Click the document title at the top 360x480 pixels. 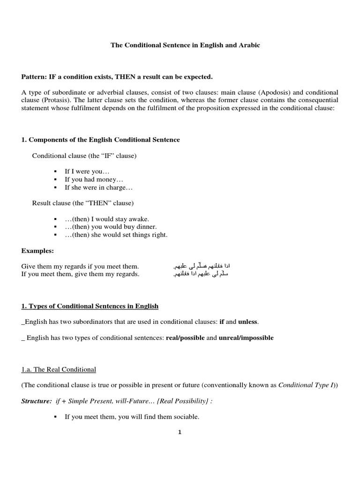[x=185, y=45]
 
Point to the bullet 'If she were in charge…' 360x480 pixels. [x=99, y=187]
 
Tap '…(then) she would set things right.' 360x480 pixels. [x=116, y=235]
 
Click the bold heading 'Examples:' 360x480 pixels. [x=37, y=251]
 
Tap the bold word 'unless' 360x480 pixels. [x=247, y=322]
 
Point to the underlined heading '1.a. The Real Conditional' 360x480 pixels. [x=59, y=369]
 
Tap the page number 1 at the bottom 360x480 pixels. [x=180, y=433]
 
